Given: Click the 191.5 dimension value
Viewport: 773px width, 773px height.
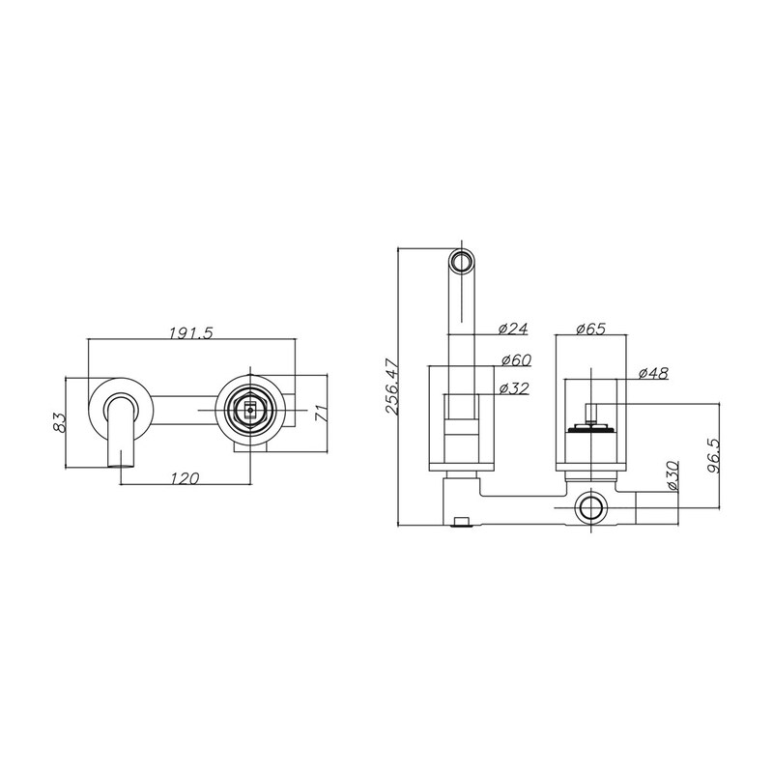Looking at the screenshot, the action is point(190,333).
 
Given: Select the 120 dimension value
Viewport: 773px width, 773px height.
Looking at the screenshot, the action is point(185,477).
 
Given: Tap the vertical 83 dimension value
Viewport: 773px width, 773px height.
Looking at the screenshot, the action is point(59,422).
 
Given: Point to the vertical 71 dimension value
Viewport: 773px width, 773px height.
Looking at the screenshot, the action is point(321,413).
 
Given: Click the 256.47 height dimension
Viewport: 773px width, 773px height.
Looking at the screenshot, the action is point(393,387).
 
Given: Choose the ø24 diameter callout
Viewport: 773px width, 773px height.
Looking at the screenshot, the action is point(513,329).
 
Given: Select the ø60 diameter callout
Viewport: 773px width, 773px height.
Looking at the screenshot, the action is point(516,359).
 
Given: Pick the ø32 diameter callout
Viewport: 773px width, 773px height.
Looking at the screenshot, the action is point(514,388).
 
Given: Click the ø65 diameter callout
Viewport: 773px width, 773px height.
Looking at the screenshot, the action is point(590,329).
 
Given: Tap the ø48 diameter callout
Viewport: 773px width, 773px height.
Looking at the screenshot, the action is point(653,373).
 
